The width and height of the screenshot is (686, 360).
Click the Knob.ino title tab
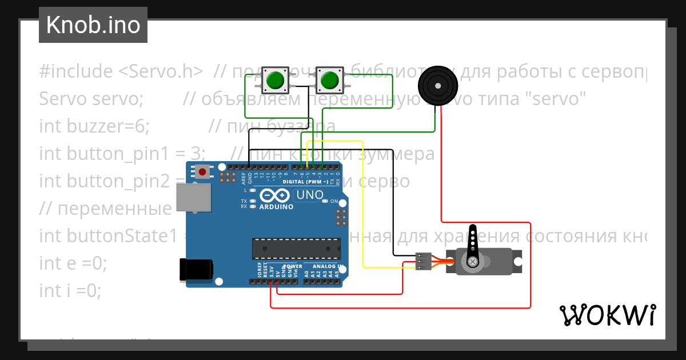point(93,25)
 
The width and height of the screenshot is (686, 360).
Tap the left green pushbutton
point(276,81)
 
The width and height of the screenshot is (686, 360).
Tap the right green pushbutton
point(329,81)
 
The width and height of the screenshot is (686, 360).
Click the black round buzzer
point(438,86)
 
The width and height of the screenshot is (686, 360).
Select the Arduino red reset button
point(202,171)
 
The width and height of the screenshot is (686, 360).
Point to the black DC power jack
point(197,270)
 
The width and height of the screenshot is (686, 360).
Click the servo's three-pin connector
point(423,261)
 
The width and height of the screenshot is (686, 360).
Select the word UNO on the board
point(309,195)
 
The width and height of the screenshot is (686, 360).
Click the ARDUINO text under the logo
point(276,207)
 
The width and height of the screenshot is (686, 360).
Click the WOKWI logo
point(607,315)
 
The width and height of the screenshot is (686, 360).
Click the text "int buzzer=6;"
point(94,126)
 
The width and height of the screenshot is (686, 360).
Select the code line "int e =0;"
point(73,263)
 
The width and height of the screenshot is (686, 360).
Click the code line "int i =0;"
point(70,291)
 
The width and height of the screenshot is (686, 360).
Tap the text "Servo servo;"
point(91,99)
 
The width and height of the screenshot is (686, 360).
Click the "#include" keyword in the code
point(76,71)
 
